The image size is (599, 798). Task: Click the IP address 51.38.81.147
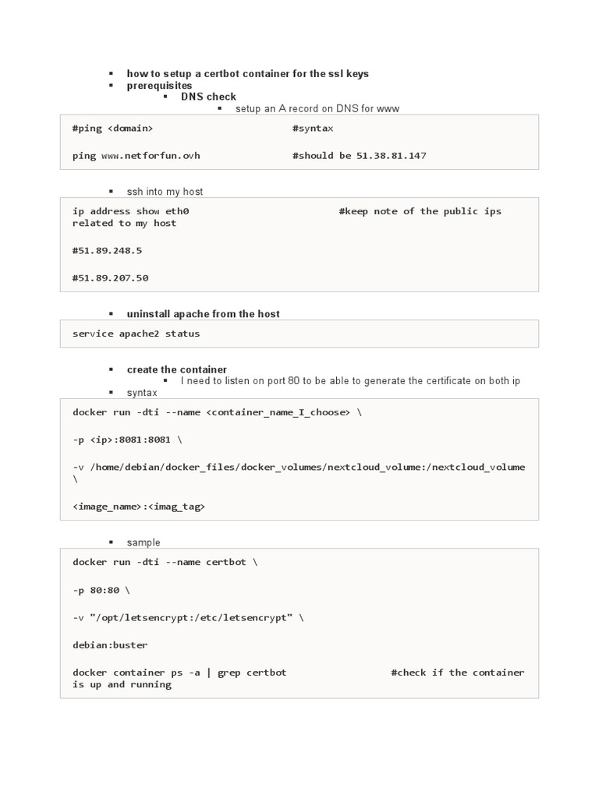tap(392, 156)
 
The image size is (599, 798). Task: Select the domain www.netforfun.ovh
tap(151, 156)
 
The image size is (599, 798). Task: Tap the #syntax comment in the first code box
tap(313, 128)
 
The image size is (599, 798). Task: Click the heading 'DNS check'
tap(208, 97)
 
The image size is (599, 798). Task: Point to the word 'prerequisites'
tap(159, 85)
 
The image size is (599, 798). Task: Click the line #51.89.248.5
tap(107, 251)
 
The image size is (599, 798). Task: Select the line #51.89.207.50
tap(110, 278)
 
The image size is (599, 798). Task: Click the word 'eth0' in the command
tap(176, 211)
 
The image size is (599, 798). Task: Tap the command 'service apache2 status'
tap(136, 334)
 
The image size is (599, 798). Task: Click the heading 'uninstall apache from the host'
tap(203, 314)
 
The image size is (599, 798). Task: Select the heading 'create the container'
tap(177, 369)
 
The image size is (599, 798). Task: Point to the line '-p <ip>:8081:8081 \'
tap(127, 440)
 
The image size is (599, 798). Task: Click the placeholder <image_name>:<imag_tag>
tap(139, 507)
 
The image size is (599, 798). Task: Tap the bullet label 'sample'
tap(144, 542)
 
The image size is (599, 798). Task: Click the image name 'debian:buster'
tap(110, 645)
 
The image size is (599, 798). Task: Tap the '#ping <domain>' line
tap(112, 128)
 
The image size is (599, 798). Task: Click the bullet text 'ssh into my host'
tap(165, 192)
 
